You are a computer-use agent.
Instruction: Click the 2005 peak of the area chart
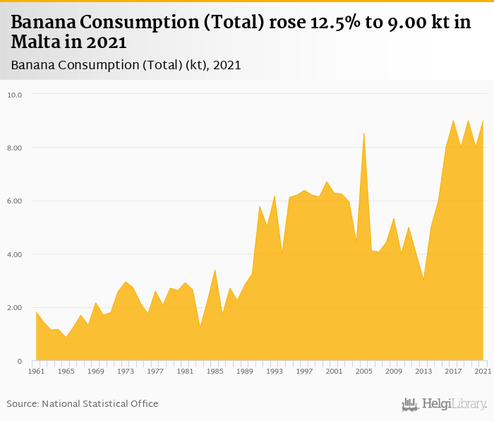[363, 134]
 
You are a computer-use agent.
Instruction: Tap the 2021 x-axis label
[483, 371]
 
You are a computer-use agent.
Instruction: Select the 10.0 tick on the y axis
[15, 94]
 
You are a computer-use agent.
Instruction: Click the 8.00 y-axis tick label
[15, 148]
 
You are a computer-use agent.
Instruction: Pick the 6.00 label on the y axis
[15, 201]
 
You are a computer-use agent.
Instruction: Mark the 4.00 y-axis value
[15, 254]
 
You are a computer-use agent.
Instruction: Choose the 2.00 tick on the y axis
[15, 308]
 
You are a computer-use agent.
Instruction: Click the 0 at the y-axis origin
[20, 361]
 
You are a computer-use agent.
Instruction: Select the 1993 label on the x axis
[275, 371]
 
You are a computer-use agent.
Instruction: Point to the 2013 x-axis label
[423, 371]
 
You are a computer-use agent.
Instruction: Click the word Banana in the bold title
[43, 23]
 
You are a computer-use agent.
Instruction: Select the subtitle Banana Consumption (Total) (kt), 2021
[126, 65]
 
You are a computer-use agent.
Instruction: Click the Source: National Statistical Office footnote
[83, 403]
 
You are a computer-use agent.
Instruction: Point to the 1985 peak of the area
[215, 270]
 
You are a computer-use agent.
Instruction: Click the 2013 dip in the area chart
[423, 280]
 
